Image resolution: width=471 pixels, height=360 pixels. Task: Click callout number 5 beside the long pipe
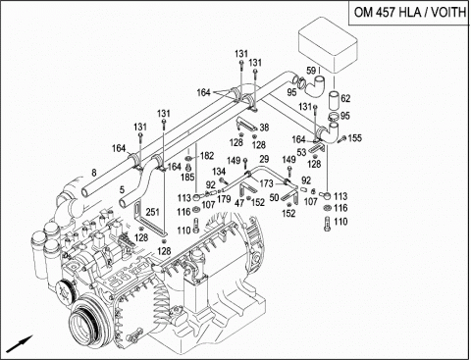121,189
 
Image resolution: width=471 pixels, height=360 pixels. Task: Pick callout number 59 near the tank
311,71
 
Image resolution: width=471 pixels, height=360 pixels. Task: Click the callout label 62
345,98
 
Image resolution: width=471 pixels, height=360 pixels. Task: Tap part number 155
355,139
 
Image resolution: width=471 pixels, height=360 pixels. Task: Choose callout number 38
264,129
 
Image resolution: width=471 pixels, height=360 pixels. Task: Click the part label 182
206,156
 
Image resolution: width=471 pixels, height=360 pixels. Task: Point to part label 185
187,178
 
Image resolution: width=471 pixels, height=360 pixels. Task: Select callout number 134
221,171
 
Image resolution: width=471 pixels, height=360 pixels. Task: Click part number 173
266,183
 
